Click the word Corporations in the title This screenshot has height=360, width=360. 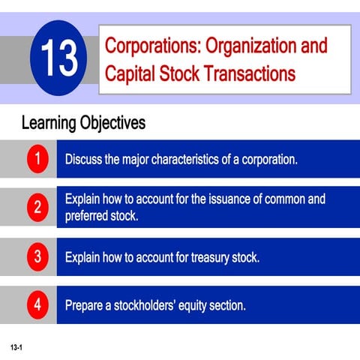tap(150, 46)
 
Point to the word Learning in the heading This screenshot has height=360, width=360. tap(49, 122)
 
